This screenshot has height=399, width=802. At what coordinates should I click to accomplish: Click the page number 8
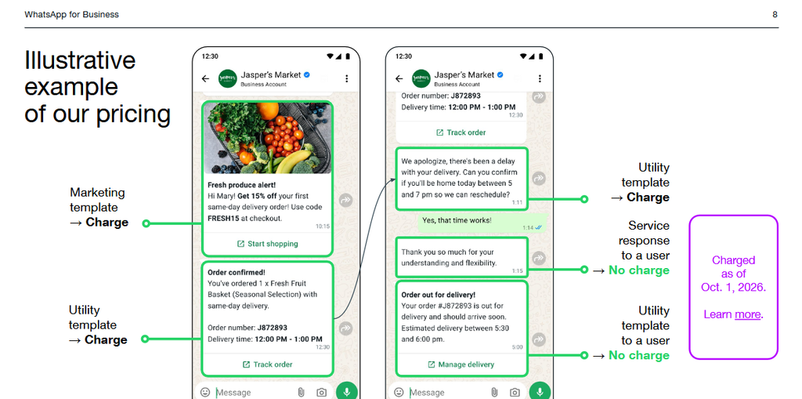[775, 14]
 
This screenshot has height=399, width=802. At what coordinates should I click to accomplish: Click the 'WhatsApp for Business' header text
[71, 14]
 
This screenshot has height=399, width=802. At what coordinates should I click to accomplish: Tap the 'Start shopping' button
[268, 244]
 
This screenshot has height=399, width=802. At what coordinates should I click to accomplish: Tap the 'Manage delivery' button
[461, 365]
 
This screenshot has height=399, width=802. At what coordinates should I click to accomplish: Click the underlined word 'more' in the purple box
[747, 314]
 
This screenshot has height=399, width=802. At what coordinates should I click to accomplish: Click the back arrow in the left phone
[206, 78]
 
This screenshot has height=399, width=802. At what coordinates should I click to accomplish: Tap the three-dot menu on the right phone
[540, 78]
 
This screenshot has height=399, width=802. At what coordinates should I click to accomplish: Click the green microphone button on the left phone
[347, 392]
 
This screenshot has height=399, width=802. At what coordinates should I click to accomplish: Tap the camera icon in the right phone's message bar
[515, 393]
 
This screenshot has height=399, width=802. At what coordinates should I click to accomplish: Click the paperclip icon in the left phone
[302, 393]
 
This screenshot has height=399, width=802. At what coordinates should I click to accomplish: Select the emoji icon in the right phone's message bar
[399, 393]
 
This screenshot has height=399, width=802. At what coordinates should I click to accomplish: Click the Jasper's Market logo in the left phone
[228, 78]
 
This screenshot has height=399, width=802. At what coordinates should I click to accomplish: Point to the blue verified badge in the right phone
[500, 74]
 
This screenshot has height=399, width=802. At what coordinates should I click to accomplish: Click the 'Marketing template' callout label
[98, 200]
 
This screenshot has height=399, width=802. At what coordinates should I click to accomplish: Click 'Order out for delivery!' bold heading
[439, 295]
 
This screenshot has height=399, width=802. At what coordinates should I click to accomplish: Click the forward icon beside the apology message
[539, 178]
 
